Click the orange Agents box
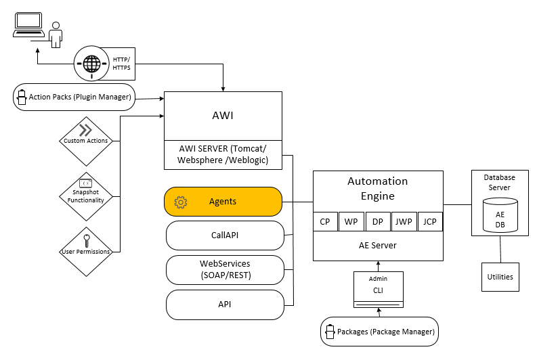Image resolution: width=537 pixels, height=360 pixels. click(223, 202)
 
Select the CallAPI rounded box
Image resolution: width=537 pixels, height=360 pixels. click(225, 235)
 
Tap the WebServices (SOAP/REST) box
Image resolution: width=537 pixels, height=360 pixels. click(225, 269)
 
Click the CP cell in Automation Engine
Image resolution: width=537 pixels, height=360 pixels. click(325, 221)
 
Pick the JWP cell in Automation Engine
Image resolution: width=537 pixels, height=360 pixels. click(404, 221)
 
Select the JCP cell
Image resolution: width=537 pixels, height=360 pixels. click(429, 221)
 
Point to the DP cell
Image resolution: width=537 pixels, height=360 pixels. click(378, 221)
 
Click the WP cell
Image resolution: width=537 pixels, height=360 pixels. click(351, 221)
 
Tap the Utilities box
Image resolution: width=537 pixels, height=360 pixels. click(500, 277)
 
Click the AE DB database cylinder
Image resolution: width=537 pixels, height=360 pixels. click(500, 215)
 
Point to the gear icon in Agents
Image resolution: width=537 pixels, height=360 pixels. click(180, 202)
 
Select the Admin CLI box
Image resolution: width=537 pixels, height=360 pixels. click(378, 289)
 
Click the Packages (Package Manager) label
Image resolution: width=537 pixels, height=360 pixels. click(386, 332)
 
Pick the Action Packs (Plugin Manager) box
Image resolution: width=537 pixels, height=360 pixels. click(74, 97)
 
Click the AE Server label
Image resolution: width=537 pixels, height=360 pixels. click(377, 245)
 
